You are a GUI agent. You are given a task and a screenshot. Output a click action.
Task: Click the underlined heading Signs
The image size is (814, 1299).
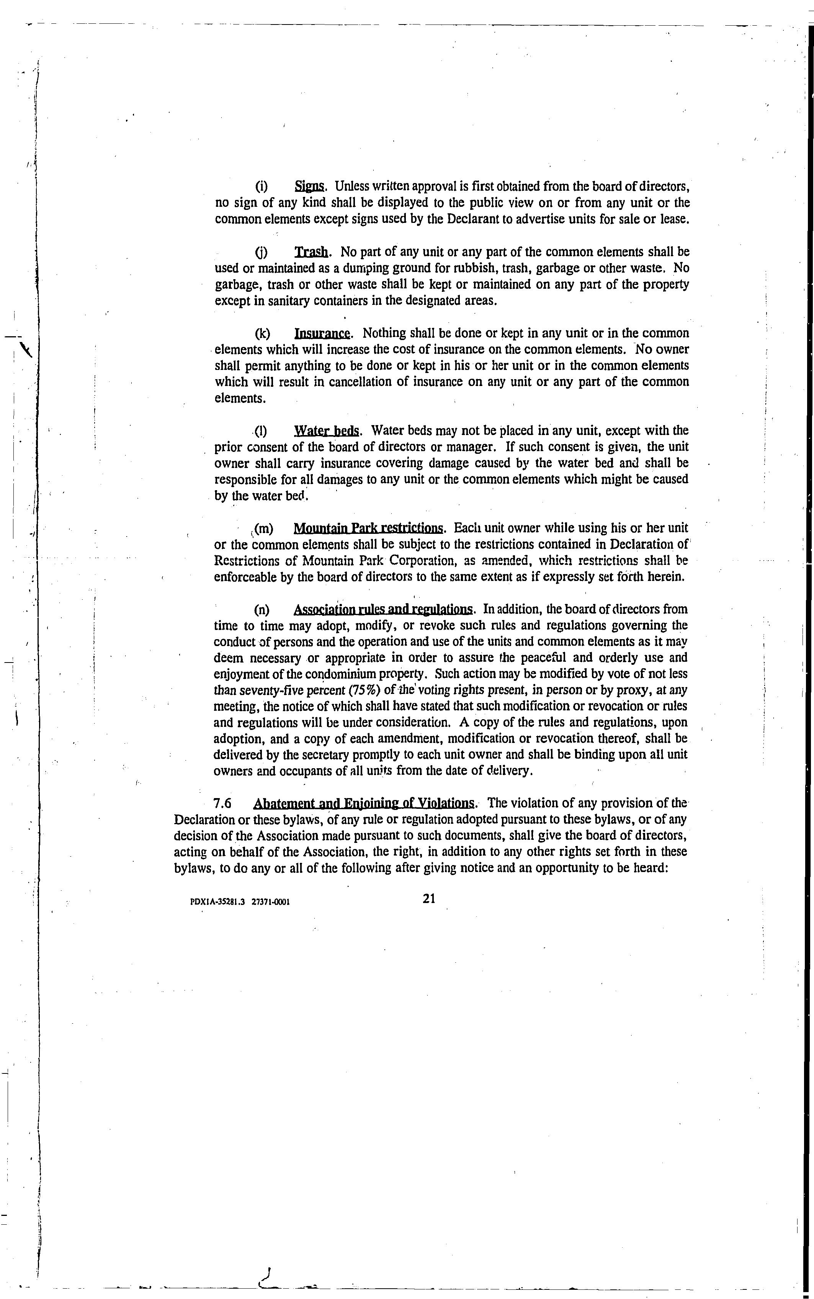click(309, 187)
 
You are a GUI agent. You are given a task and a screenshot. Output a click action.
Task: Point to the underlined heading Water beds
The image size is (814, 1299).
click(327, 431)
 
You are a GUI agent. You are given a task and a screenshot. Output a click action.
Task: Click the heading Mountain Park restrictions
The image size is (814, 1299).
click(369, 528)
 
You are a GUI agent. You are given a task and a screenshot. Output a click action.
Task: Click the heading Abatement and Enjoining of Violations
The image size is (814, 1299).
click(364, 804)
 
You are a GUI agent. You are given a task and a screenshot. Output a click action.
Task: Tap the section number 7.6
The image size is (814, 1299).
click(222, 804)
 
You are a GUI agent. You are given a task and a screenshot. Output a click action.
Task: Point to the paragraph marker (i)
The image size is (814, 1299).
click(261, 187)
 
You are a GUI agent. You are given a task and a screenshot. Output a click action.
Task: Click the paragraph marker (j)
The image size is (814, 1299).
click(261, 252)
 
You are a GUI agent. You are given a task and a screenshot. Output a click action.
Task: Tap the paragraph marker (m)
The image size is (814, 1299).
click(263, 528)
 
